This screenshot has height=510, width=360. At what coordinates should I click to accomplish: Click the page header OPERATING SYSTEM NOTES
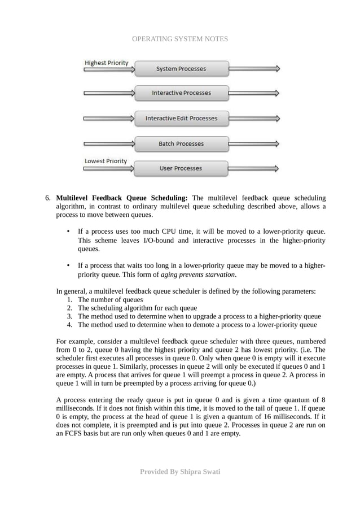179,39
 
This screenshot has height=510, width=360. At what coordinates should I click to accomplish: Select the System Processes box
181,69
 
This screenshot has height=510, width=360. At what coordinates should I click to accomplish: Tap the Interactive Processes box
181,93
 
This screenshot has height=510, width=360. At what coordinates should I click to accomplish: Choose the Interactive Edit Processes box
181,119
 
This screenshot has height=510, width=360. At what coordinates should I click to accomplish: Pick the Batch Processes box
181,144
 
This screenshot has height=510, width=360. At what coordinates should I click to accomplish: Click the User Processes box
181,168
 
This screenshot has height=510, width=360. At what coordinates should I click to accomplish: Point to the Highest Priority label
107,63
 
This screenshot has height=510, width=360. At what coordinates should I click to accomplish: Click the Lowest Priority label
106,161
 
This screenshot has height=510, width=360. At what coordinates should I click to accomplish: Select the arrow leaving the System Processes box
254,69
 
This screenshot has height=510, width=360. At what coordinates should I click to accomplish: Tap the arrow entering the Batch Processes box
109,144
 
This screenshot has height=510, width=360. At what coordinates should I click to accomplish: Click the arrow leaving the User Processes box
254,168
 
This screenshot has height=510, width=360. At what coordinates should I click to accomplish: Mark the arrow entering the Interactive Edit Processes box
109,119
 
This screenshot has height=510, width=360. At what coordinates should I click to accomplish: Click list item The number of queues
110,300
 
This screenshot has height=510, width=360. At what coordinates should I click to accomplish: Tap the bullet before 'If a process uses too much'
68,232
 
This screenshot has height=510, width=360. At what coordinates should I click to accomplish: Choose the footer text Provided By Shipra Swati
180,471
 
